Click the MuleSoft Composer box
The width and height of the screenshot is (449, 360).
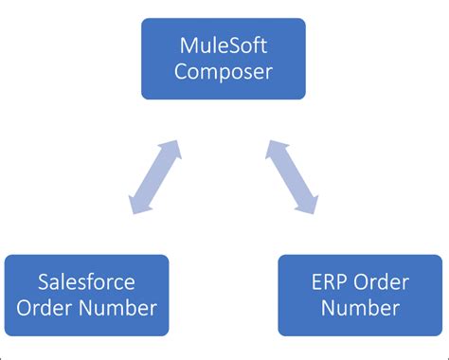click(224, 59)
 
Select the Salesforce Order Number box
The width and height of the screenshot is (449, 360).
click(86, 295)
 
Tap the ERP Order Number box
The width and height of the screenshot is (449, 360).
click(361, 295)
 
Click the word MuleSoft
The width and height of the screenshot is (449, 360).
click(224, 45)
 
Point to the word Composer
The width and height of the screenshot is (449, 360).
click(224, 72)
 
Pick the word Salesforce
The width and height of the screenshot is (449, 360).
click(86, 281)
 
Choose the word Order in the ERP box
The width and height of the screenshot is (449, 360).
click(379, 281)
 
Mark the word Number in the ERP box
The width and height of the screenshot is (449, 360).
click(361, 308)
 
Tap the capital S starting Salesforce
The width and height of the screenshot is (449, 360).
click(45, 281)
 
